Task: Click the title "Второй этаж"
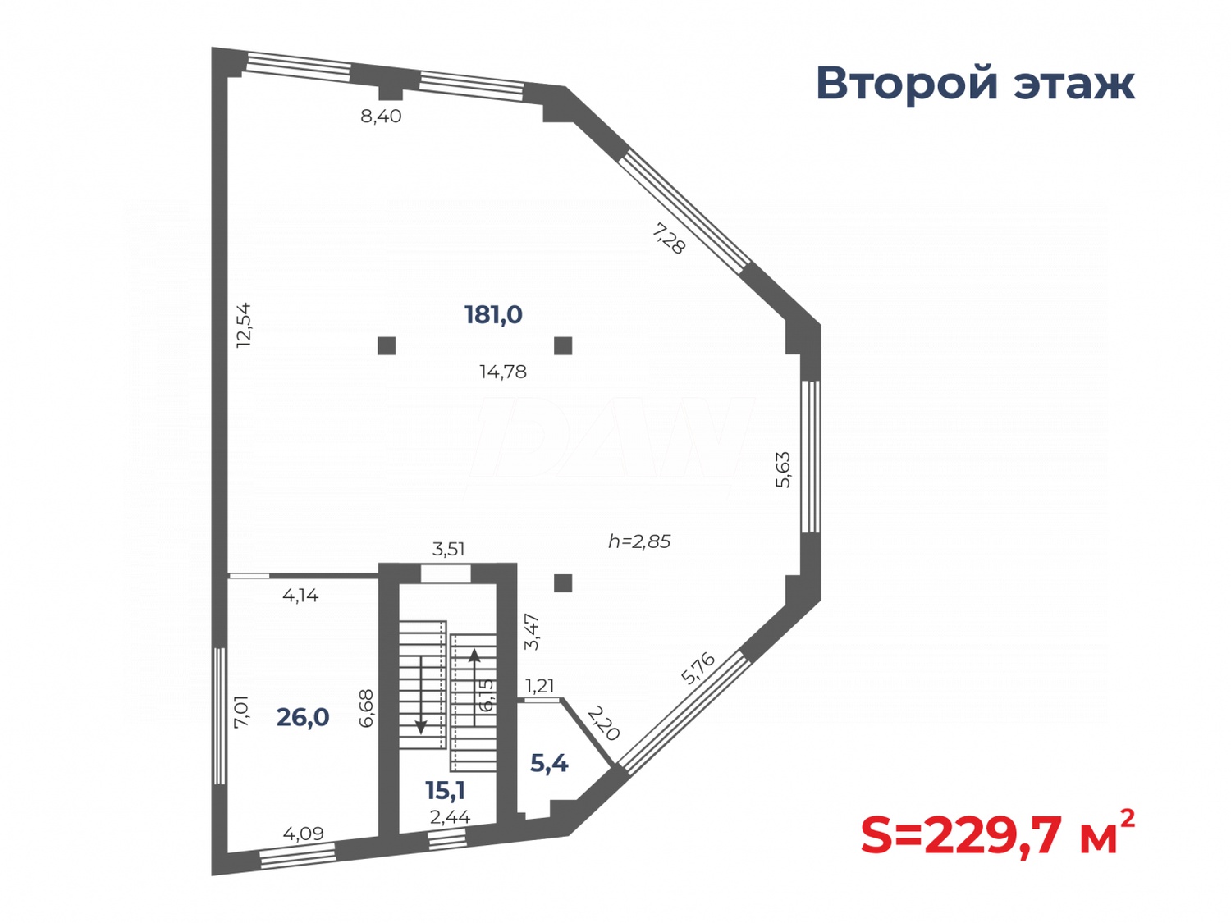tap(974, 84)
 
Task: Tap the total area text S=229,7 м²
tap(996, 835)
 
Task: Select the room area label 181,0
tap(493, 314)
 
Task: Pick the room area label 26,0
tap(303, 717)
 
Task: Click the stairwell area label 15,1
tap(445, 790)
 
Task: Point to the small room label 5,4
tap(549, 763)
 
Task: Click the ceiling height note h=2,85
tap(639, 541)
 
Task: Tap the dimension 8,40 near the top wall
tap(381, 117)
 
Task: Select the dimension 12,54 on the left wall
tap(244, 326)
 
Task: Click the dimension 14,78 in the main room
tap(503, 372)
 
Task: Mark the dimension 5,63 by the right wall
tap(784, 469)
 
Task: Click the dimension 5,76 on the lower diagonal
tap(698, 668)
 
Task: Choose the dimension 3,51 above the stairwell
tap(449, 549)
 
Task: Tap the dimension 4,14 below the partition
tap(300, 596)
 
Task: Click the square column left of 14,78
tap(387, 345)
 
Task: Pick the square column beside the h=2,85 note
tap(563, 583)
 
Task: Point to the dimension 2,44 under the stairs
tap(450, 817)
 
